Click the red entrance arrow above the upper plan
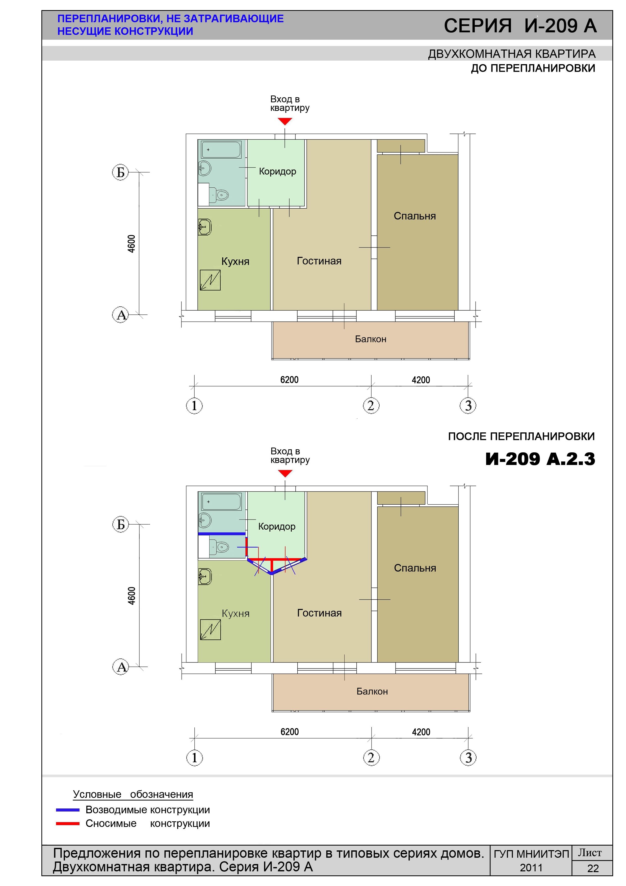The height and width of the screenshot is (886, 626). pyautogui.click(x=285, y=121)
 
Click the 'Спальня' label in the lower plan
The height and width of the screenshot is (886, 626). pyautogui.click(x=415, y=568)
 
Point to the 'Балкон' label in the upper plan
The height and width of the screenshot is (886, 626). pyautogui.click(x=371, y=339)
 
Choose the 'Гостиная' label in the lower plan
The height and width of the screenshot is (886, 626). pyautogui.click(x=319, y=613)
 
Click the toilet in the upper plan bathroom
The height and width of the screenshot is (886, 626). pyautogui.click(x=219, y=195)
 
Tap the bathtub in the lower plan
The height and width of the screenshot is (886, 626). pyautogui.click(x=221, y=502)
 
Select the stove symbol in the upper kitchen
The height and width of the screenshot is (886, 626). pyautogui.click(x=210, y=280)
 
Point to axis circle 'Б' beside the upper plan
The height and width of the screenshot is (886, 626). pyautogui.click(x=120, y=172)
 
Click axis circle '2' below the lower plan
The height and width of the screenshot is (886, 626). pyautogui.click(x=371, y=757)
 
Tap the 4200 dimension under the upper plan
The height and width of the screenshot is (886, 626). pyautogui.click(x=421, y=380)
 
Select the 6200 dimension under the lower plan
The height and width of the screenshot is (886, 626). pyautogui.click(x=290, y=732)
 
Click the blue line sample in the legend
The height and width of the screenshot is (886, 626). pyautogui.click(x=68, y=810)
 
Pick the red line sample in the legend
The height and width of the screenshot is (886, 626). pyautogui.click(x=68, y=823)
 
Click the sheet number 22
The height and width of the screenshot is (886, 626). pyautogui.click(x=593, y=869)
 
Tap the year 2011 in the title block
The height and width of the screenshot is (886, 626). pyautogui.click(x=531, y=868)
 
